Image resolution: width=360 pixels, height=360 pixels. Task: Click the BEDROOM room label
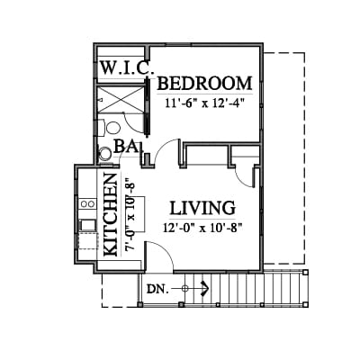click(204, 84)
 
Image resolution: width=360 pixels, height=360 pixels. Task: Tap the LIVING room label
click(202, 208)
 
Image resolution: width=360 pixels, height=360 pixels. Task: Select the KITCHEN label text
click(110, 215)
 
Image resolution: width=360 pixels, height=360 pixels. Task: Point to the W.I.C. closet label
click(126, 68)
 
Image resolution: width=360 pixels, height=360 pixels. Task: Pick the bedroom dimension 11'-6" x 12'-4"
click(203, 103)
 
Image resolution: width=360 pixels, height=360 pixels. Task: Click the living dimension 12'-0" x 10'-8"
click(202, 228)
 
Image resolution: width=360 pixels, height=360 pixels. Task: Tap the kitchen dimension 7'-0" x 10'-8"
click(130, 215)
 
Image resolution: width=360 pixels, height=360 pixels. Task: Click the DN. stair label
click(157, 289)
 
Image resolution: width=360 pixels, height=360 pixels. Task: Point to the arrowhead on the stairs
click(205, 289)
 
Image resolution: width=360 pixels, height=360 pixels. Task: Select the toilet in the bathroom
click(110, 128)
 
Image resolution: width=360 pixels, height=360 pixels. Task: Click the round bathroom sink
click(105, 154)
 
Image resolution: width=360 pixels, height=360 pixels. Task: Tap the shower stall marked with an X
click(121, 99)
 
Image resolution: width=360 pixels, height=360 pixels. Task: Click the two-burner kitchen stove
click(87, 204)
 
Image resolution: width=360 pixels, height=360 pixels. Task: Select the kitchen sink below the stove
click(87, 225)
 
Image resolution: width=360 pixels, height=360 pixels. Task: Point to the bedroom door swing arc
click(165, 148)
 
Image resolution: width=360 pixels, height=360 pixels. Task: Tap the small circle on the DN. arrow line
click(184, 289)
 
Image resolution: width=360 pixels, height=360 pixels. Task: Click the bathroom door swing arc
click(132, 124)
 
